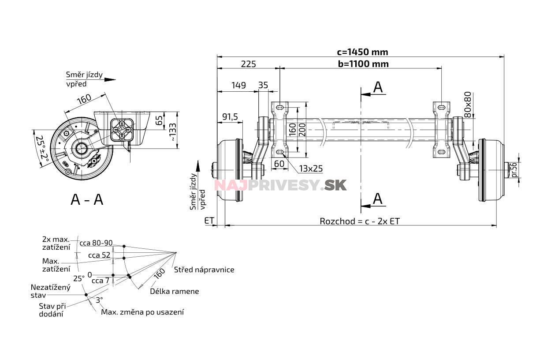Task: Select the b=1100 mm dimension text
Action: tap(363, 64)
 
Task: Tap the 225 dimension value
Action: tap(248, 64)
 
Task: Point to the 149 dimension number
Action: tap(238, 86)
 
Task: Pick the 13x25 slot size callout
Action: tap(310, 169)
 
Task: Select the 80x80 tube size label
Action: tap(468, 104)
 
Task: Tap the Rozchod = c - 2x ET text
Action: tap(360, 221)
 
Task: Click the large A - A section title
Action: tap(87, 199)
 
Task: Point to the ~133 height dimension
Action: tap(173, 131)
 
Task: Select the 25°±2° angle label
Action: tap(43, 149)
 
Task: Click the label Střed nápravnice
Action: tap(204, 270)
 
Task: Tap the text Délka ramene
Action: tap(174, 291)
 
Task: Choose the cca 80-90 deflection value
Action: tap(96, 243)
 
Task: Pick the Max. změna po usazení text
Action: tap(142, 312)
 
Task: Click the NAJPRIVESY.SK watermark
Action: tap(280, 185)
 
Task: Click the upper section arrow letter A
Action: tap(378, 87)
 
